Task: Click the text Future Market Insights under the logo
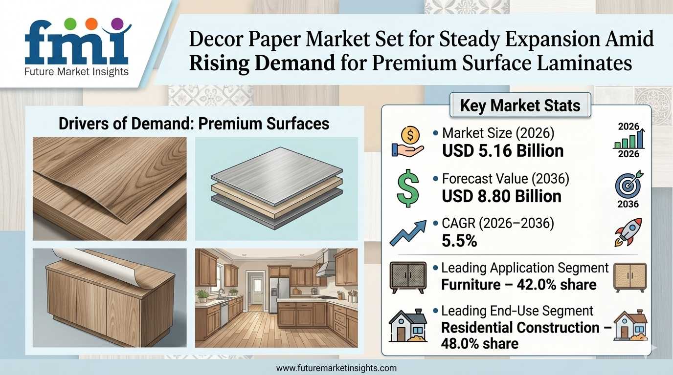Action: point(76,72)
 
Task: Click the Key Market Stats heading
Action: point(520,105)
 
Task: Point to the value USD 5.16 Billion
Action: point(503,150)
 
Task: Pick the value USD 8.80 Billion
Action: point(501,196)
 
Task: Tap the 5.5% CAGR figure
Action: point(459,241)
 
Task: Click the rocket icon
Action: point(628,232)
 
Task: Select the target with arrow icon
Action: point(628,184)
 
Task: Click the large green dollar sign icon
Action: point(408,188)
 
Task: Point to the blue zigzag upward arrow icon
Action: point(408,233)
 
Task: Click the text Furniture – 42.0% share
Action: point(518,284)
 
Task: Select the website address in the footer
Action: point(336,368)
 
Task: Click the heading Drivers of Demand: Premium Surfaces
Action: point(194,124)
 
